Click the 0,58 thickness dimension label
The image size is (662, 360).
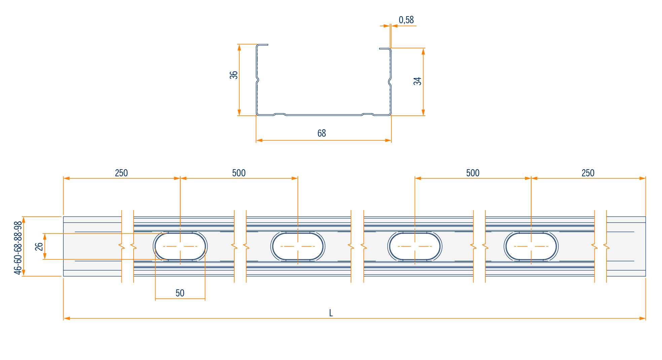[x=406, y=20]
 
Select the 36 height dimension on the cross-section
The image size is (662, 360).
[x=234, y=75]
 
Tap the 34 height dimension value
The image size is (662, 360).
[x=417, y=81]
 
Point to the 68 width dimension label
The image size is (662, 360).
[x=322, y=133]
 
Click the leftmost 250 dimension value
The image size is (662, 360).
[x=121, y=173]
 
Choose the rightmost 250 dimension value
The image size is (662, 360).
[x=588, y=173]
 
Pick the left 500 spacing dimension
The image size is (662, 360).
[x=239, y=173]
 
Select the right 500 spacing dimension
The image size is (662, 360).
[x=473, y=173]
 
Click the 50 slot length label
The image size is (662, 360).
[x=180, y=293]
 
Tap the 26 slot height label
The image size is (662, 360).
[x=39, y=247]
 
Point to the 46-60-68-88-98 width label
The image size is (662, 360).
[x=18, y=248]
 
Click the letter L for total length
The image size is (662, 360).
[x=331, y=313]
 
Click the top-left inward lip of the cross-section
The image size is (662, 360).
[x=263, y=44]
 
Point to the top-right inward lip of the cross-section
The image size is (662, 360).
[x=385, y=48]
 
